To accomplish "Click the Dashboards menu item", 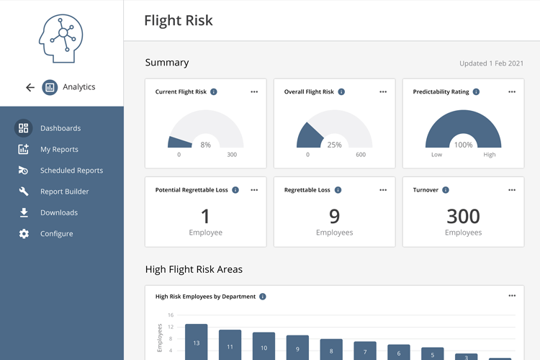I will pos(60,128).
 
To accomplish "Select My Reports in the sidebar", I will pos(59,149).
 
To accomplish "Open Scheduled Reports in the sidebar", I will pos(71,171).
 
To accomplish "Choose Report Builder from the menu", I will pos(64,192).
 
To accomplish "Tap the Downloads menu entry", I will pos(58,212).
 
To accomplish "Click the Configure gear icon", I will pos(24,234).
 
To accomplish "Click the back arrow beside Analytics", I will pos(30,87).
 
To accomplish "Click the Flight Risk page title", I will pos(179,20).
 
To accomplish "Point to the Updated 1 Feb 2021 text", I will pos(492,63).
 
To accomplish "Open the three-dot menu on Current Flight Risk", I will pos(254,92).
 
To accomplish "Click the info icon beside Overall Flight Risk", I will pos(341,92).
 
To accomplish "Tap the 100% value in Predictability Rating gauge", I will pos(463,145).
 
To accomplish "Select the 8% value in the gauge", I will pos(206,145).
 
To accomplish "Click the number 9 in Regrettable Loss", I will pos(334,215).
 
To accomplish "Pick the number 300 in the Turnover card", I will pos(463,215).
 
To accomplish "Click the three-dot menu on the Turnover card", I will pos(512,190).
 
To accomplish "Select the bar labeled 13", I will pos(196,343).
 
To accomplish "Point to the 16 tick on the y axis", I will pos(171,315).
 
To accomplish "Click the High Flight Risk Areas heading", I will pos(194,269).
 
